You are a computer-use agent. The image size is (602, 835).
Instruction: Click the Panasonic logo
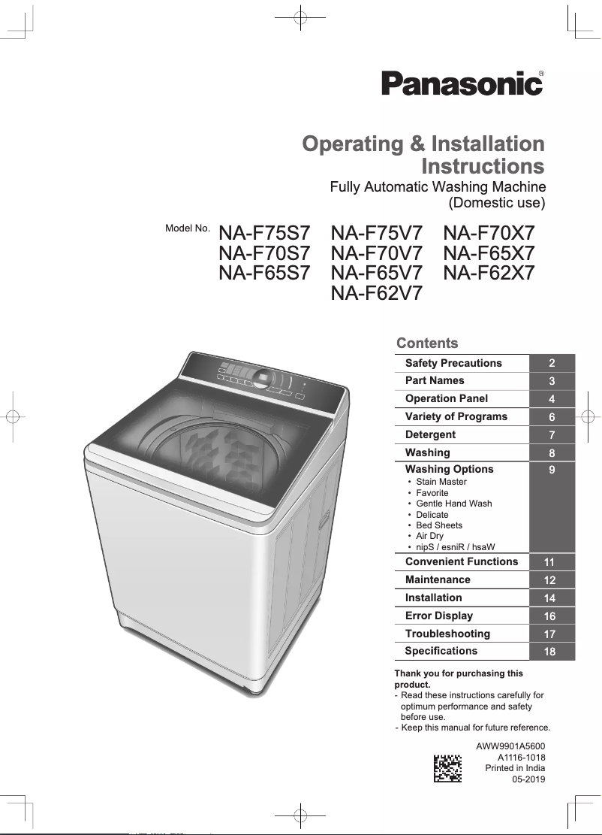[x=462, y=83]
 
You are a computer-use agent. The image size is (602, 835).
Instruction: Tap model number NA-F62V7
[x=376, y=292]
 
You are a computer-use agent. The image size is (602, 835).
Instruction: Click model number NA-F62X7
[x=489, y=273]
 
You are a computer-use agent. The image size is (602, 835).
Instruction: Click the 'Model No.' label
[x=187, y=228]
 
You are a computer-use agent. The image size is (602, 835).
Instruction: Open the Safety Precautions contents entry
[x=453, y=363]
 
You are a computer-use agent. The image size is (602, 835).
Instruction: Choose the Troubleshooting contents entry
[x=447, y=634]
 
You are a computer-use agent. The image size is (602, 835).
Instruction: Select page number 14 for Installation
[x=550, y=598]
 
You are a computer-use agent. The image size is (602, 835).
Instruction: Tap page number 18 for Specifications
[x=550, y=652]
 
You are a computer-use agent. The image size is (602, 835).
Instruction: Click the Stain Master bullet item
[x=441, y=482]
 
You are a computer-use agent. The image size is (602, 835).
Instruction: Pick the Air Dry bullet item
[x=429, y=536]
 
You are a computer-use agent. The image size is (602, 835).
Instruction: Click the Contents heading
[x=426, y=343]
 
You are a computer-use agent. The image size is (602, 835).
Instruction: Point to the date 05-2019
[x=528, y=780]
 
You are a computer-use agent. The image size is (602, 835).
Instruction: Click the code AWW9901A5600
[x=510, y=746]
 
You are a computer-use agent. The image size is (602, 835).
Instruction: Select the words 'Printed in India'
[x=515, y=768]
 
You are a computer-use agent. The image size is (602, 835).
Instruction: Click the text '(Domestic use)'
[x=496, y=202]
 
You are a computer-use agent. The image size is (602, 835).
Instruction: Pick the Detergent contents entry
[x=430, y=434]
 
